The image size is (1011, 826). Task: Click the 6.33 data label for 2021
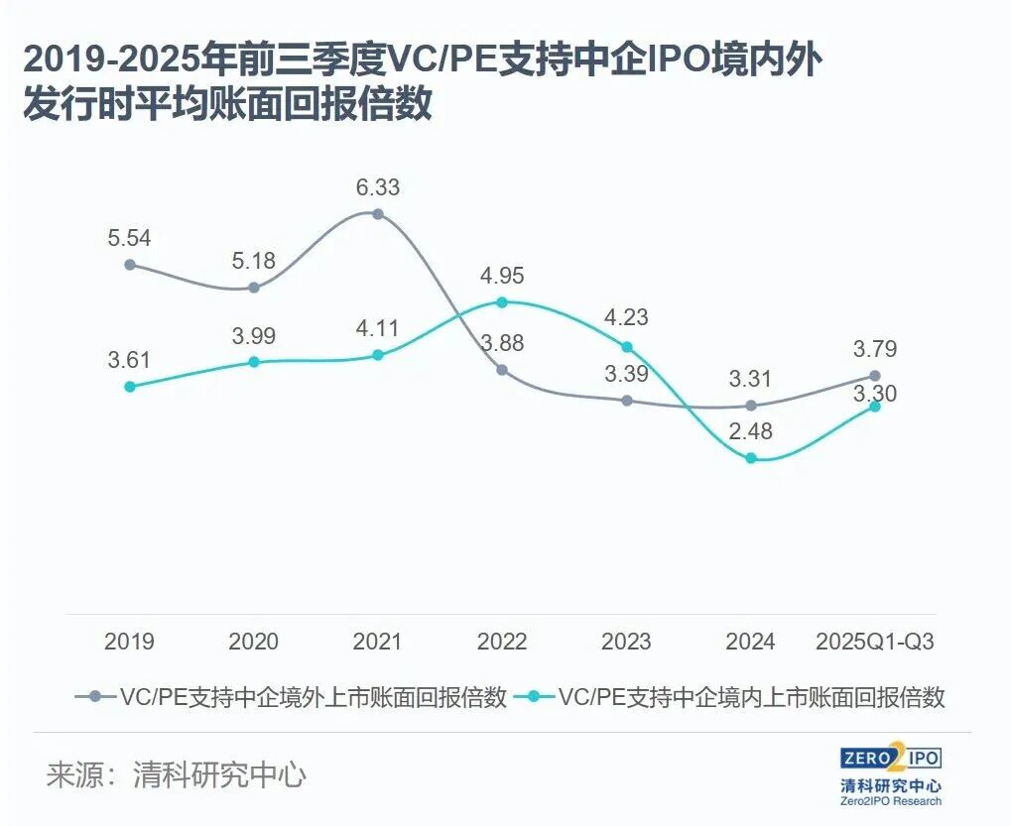[377, 186]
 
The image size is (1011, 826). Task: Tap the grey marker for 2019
[130, 265]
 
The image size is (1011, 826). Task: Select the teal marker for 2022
[502, 301]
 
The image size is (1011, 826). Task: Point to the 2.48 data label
[749, 432]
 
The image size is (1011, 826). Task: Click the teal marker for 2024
[751, 458]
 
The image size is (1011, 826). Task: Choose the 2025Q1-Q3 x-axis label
[874, 642]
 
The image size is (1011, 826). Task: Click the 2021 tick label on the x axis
[377, 642]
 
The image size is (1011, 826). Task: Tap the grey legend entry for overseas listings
[291, 697]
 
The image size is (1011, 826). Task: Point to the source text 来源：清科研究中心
[176, 774]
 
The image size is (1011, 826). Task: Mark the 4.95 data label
[502, 276]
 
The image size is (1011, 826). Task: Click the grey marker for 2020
[254, 288]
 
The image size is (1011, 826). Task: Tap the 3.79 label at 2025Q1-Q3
[874, 349]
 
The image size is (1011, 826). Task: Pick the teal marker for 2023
[626, 347]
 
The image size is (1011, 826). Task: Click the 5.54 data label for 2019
[130, 239]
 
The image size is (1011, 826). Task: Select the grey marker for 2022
[502, 370]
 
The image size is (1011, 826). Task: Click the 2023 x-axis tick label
[626, 642]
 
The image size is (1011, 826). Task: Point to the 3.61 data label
[130, 360]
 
